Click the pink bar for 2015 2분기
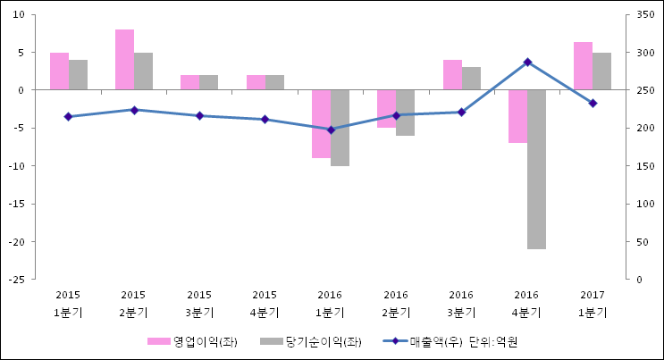[x=124, y=60]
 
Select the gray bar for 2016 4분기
[x=536, y=169]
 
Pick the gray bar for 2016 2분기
[x=405, y=113]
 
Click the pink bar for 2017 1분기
[x=583, y=66]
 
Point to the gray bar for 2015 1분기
[x=78, y=75]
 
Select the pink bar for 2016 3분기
[x=452, y=75]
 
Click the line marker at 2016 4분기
[x=527, y=62]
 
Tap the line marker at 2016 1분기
[x=331, y=130]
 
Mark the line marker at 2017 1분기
[x=593, y=104]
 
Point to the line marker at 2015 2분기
[x=134, y=110]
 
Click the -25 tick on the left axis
[x=17, y=280]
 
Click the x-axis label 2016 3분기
[x=461, y=304]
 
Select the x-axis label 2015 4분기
[x=265, y=304]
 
